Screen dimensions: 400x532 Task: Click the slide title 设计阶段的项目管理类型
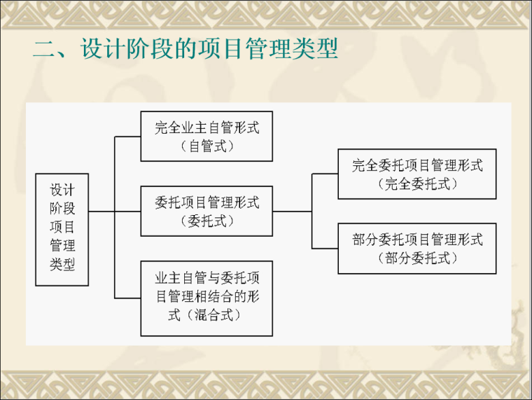pyautogui.click(x=209, y=50)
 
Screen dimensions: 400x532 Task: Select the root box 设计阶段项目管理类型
pyautogui.click(x=62, y=229)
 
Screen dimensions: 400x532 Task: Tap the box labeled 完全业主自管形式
pyautogui.click(x=206, y=136)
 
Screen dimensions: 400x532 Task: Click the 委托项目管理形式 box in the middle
pyautogui.click(x=206, y=211)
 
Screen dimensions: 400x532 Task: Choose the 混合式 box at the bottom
pyautogui.click(x=206, y=298)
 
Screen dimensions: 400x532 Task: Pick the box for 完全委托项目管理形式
pyautogui.click(x=416, y=174)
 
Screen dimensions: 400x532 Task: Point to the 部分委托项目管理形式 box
pyautogui.click(x=416, y=248)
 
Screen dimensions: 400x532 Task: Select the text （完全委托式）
pyautogui.click(x=416, y=184)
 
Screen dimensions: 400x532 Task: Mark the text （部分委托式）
pyautogui.click(x=416, y=258)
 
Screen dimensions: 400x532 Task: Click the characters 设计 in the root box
pyautogui.click(x=62, y=191)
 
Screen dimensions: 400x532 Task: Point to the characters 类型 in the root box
pyautogui.click(x=62, y=265)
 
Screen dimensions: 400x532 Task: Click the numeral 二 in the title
pyautogui.click(x=44, y=50)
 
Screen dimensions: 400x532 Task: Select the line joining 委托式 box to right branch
pyautogui.click(x=292, y=211)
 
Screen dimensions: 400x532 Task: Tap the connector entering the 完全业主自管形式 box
pyautogui.click(x=127, y=137)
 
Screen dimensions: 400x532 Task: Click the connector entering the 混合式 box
pyautogui.click(x=127, y=298)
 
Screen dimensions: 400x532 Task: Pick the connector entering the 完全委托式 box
pyautogui.click(x=325, y=174)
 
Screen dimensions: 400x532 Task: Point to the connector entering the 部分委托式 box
pyautogui.click(x=325, y=249)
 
